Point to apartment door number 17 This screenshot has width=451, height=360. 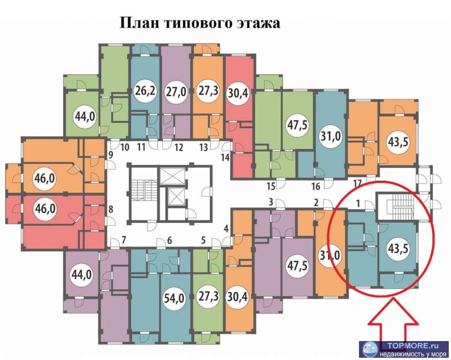pos(357,183)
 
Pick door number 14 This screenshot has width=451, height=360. pos(225,157)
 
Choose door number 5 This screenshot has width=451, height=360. pos(203,240)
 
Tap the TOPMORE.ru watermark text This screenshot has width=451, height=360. pos(412,346)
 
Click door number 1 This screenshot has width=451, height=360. pos(358,204)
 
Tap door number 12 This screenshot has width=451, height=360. pos(179,147)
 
